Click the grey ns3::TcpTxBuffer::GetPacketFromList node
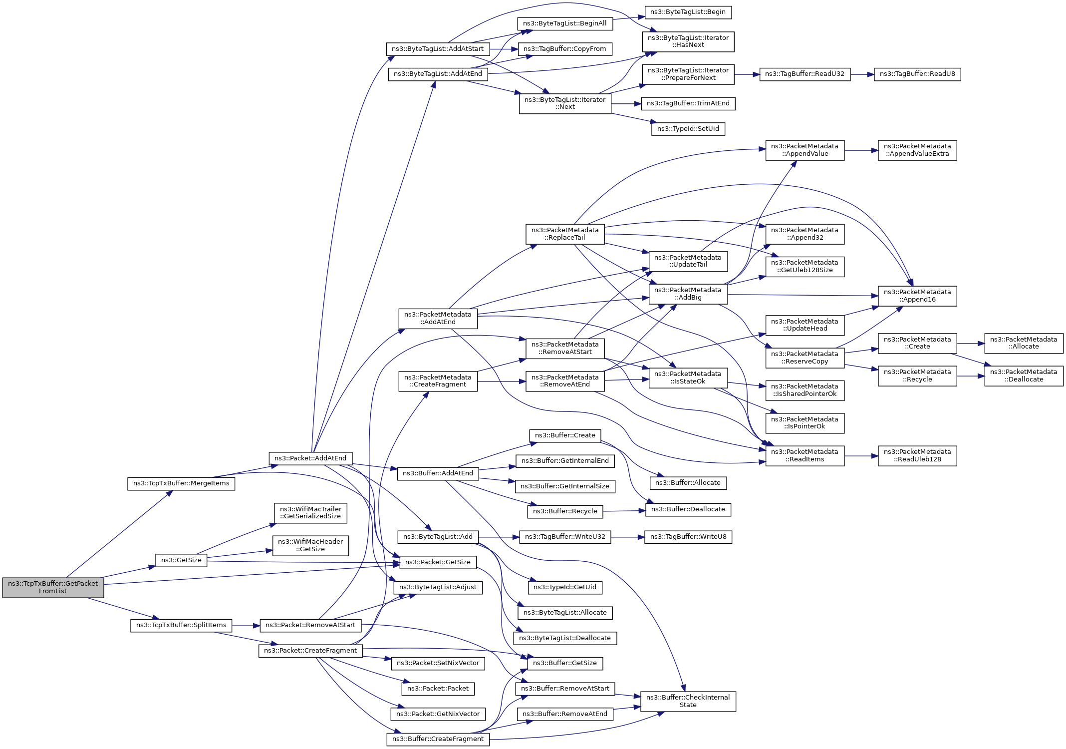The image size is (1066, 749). [53, 587]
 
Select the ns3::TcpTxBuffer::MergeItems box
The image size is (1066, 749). [181, 483]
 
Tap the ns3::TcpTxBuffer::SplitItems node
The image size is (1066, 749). [181, 625]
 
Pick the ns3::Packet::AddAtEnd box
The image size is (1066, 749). [310, 458]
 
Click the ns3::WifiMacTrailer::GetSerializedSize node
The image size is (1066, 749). [310, 513]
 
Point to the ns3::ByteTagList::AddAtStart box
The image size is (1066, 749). [438, 49]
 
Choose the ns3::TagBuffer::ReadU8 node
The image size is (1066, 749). [917, 74]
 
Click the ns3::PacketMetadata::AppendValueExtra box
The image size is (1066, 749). [917, 150]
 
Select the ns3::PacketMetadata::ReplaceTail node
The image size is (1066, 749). [565, 234]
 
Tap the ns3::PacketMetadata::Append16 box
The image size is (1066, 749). [917, 296]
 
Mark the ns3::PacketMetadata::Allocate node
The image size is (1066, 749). [1024, 343]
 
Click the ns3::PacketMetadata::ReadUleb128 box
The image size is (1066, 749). [917, 455]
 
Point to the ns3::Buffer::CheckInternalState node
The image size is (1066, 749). [688, 701]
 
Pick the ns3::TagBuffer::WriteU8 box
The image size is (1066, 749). [688, 537]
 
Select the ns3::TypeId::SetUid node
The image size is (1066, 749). [688, 129]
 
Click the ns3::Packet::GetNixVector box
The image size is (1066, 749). [438, 714]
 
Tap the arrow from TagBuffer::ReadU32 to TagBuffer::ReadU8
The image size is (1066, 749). [862, 74]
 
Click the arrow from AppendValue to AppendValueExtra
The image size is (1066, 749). [861, 150]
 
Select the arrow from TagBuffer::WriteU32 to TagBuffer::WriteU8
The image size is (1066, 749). [627, 537]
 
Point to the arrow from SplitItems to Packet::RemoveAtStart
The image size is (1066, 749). [246, 625]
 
